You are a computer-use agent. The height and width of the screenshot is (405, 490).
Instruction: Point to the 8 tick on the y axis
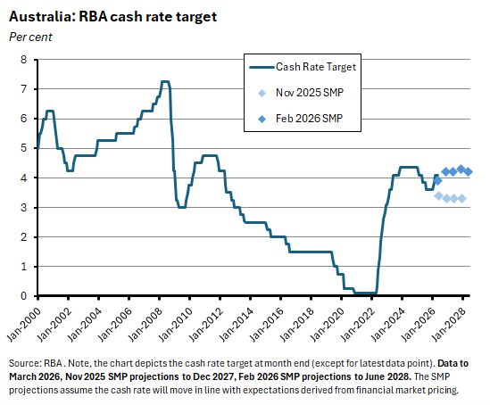coord(24,60)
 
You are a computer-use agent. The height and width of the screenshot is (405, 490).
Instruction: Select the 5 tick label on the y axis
coord(24,148)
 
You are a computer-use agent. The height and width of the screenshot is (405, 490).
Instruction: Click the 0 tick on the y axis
coord(24,296)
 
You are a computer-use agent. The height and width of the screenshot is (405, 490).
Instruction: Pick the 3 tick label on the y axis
coord(24,207)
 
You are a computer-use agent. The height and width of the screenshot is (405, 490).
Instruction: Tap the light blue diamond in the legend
coord(260,93)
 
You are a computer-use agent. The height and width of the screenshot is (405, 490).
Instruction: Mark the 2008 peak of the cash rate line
coord(164,82)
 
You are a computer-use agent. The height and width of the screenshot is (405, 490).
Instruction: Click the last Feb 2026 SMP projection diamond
coord(469,171)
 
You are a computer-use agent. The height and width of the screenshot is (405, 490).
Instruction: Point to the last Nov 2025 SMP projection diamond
coord(461,198)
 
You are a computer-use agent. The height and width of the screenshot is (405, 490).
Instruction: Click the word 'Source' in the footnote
coord(24,365)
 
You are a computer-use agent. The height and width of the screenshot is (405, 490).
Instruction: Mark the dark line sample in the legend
coord(260,67)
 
